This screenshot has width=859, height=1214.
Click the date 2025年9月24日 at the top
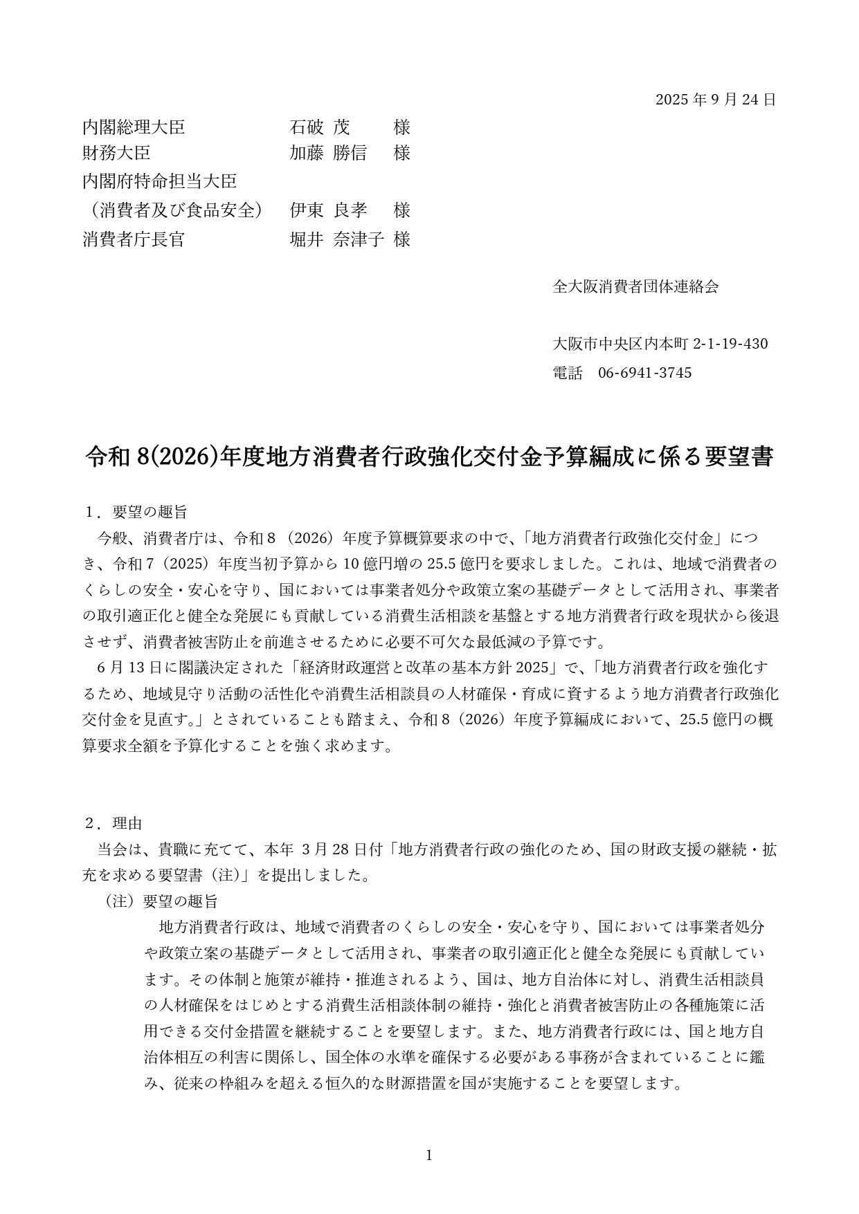pos(715,100)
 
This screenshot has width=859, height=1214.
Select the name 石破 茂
pos(320,127)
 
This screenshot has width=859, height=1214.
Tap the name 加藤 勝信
pos(328,153)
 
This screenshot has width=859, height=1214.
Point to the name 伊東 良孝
pos(328,210)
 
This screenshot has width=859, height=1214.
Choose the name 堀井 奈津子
pos(336,239)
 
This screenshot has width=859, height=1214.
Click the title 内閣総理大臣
pos(134,127)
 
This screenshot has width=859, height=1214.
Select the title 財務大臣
pos(116,153)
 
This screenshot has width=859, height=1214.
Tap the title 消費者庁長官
pos(134,239)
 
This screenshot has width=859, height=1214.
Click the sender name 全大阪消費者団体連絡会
pos(635,286)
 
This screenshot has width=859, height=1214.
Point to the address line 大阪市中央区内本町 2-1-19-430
pos(660,344)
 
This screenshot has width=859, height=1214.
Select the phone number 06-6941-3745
pos(644,373)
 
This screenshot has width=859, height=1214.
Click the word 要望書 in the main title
pos(739,457)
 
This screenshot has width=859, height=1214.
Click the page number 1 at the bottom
pos(429,1155)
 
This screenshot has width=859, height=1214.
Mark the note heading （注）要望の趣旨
pos(161,901)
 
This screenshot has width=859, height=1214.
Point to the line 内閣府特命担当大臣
pos(159,181)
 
